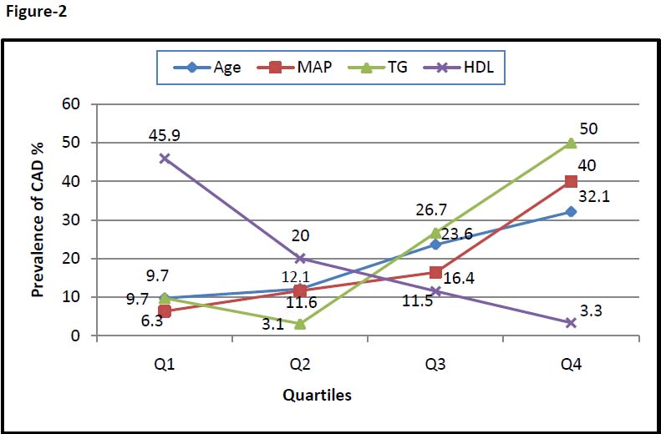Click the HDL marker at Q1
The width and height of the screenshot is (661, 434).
(x=165, y=158)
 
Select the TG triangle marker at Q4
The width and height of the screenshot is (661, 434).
(x=571, y=143)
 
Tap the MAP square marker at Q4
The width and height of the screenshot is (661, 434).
(x=571, y=181)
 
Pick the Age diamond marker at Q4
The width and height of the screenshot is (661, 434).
(x=571, y=212)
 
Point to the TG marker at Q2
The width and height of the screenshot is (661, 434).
(x=300, y=324)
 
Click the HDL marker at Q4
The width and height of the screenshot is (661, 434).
(x=571, y=323)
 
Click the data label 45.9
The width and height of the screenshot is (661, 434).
(x=164, y=133)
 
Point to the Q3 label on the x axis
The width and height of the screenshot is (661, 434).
(x=435, y=365)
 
